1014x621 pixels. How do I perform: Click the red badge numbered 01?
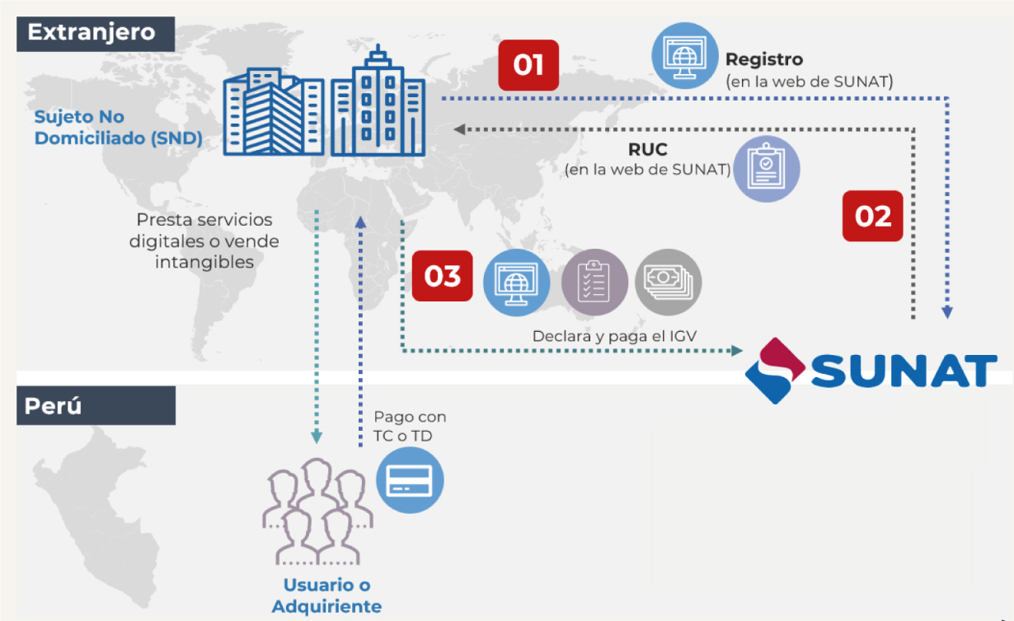(x=528, y=65)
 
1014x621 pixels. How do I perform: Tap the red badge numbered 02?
(x=872, y=216)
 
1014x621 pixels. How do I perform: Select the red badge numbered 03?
(x=443, y=276)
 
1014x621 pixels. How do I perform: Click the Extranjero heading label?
(x=92, y=32)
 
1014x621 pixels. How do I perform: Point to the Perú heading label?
(x=54, y=405)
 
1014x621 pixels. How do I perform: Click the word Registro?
(x=763, y=59)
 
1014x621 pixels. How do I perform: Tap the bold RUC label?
(x=647, y=151)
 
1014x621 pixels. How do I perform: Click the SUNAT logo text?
(x=904, y=371)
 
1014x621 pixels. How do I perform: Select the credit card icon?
(x=410, y=481)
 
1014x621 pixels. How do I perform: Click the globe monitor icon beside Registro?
(x=684, y=55)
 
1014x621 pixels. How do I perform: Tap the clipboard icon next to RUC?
(x=767, y=169)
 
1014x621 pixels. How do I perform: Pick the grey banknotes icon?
(x=668, y=282)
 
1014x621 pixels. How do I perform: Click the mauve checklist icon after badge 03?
(x=594, y=282)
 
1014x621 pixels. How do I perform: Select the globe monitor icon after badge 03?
(x=516, y=282)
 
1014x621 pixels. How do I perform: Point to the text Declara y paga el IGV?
(x=615, y=336)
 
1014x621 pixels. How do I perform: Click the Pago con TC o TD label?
(x=410, y=426)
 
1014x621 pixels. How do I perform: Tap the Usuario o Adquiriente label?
(x=326, y=596)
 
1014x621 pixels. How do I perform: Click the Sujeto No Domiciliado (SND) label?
(x=118, y=128)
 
